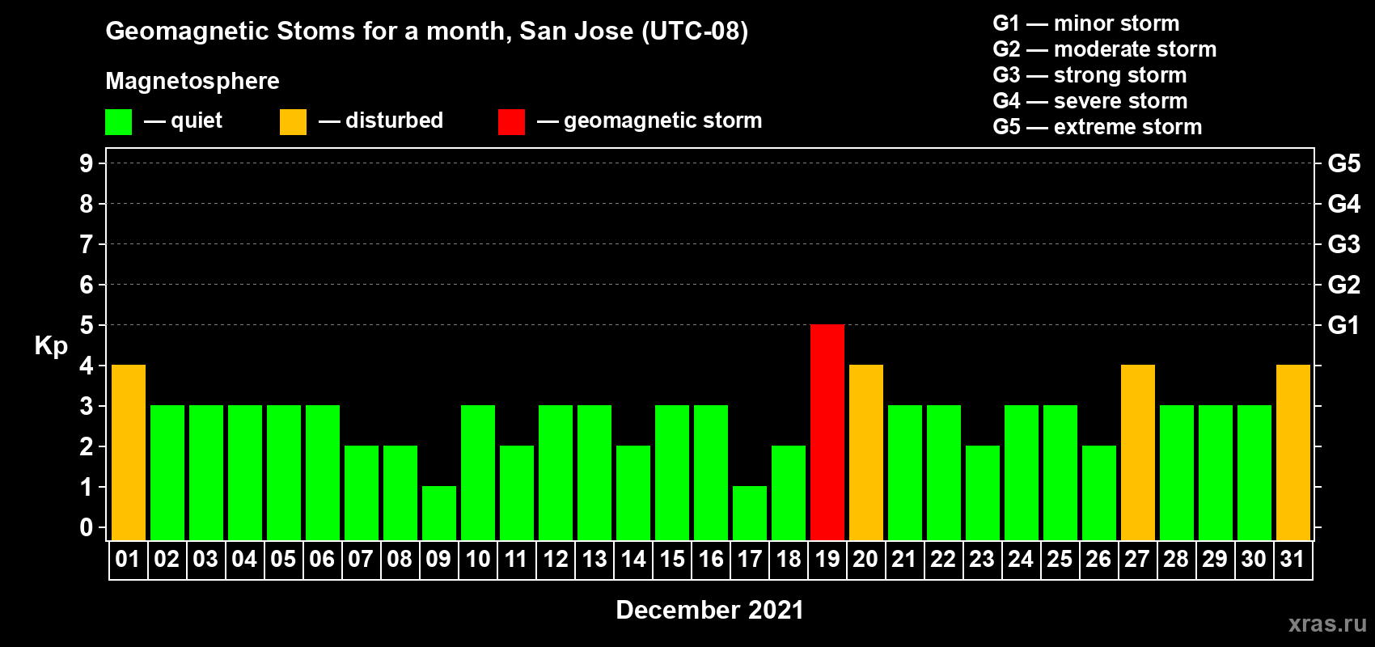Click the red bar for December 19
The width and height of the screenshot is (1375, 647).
(x=827, y=432)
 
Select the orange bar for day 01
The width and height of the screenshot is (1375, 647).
(x=129, y=452)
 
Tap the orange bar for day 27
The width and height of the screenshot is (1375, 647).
(x=1137, y=452)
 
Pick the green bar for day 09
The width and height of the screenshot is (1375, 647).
(x=439, y=514)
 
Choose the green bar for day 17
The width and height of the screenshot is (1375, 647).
(x=750, y=514)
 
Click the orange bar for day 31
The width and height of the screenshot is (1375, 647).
(x=1292, y=452)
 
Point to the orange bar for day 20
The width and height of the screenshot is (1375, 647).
(x=866, y=452)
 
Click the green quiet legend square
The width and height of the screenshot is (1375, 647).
(x=118, y=121)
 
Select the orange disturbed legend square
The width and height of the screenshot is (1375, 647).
(x=293, y=121)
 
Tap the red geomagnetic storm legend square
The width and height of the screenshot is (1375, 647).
(x=511, y=121)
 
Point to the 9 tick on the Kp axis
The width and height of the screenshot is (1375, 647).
(x=86, y=163)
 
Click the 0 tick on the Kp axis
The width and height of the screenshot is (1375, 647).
(x=86, y=527)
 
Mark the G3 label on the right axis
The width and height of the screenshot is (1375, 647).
(x=1343, y=244)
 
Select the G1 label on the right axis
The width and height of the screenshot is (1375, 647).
(x=1343, y=325)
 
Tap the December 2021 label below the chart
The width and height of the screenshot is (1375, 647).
(x=709, y=610)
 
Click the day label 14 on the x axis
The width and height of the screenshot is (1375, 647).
(x=632, y=559)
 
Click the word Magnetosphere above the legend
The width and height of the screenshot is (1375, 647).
(x=192, y=81)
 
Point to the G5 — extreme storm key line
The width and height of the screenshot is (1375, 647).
(x=1097, y=127)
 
